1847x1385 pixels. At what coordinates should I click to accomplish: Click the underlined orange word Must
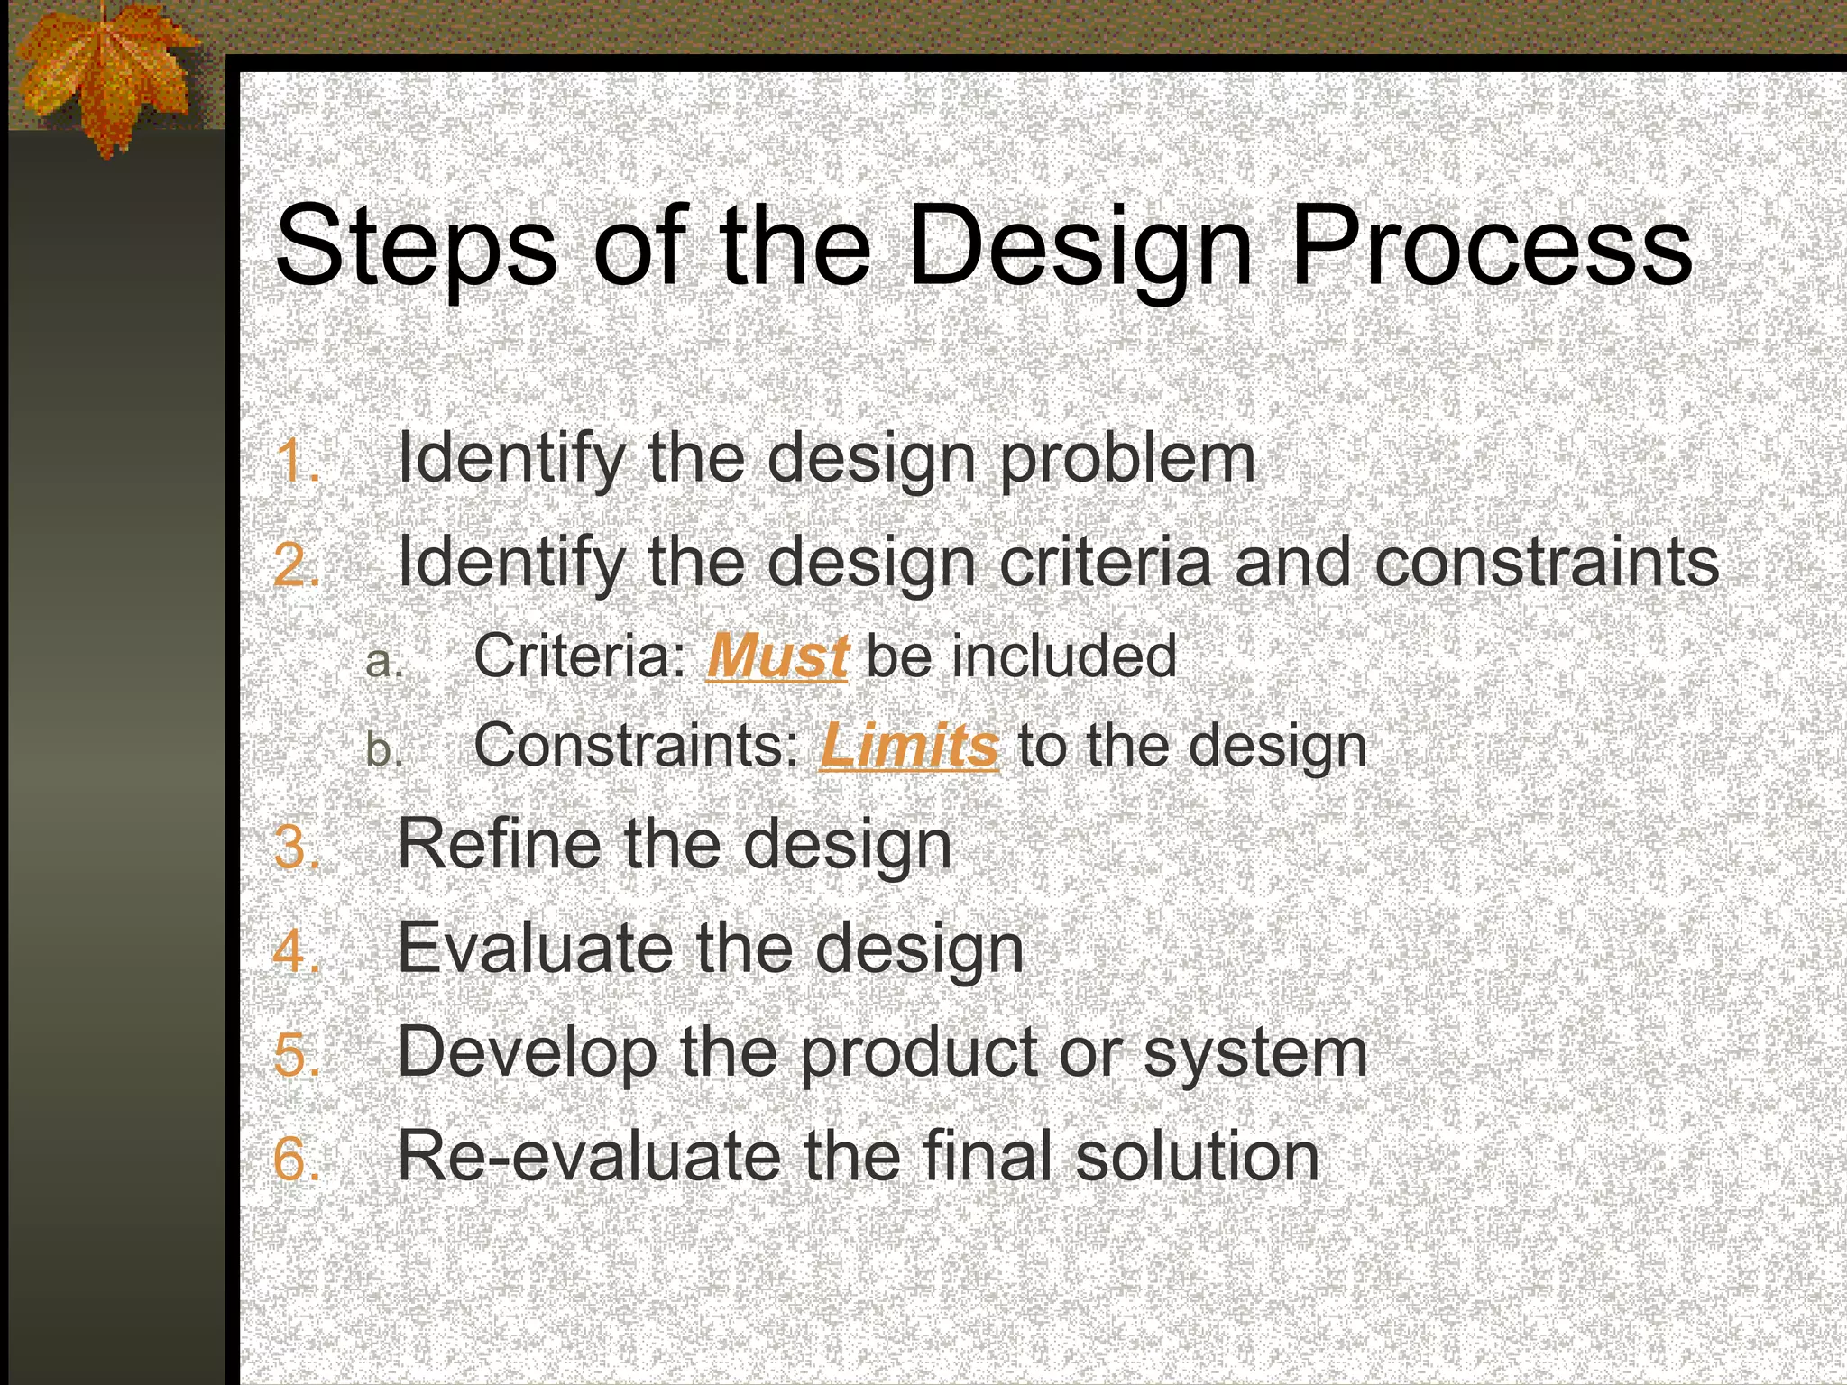776,656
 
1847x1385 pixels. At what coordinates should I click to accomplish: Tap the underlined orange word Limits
909,747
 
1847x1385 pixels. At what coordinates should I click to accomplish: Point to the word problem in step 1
1127,460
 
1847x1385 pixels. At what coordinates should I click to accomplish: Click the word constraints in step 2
1547,563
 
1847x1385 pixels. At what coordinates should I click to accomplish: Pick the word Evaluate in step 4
534,949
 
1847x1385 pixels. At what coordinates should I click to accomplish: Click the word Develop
527,1053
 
